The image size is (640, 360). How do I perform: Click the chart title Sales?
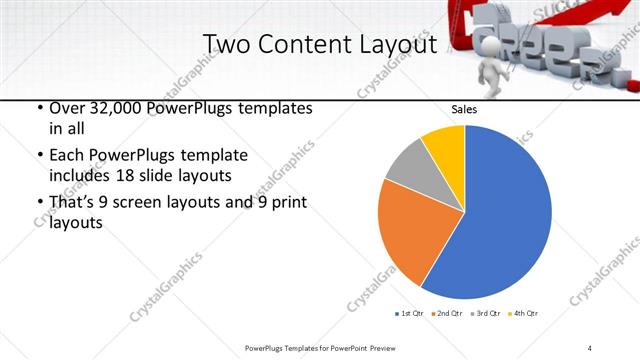[x=464, y=109]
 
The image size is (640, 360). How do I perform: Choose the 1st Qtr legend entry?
[x=409, y=314]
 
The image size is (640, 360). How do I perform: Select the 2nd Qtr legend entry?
[x=447, y=314]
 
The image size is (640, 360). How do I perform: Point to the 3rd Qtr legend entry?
[x=486, y=314]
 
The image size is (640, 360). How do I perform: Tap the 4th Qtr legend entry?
[x=524, y=314]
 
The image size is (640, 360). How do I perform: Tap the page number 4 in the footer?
[x=590, y=348]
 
